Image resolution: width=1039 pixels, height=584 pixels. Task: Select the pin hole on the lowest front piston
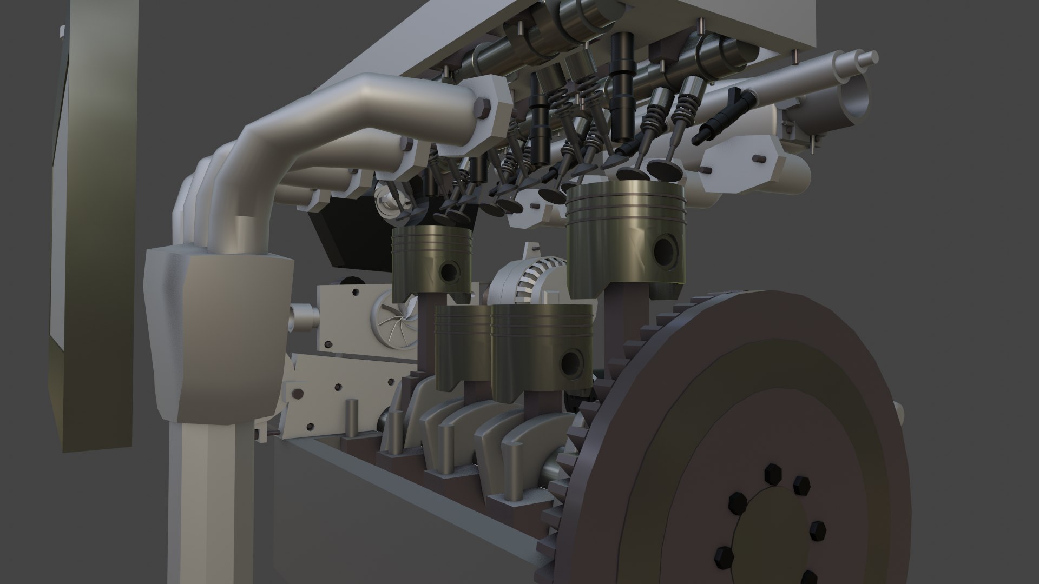pyautogui.click(x=573, y=363)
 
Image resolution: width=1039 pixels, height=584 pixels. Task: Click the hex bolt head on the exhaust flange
pyautogui.click(x=481, y=108)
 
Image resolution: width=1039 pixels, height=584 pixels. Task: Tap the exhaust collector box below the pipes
pyautogui.click(x=219, y=335)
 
